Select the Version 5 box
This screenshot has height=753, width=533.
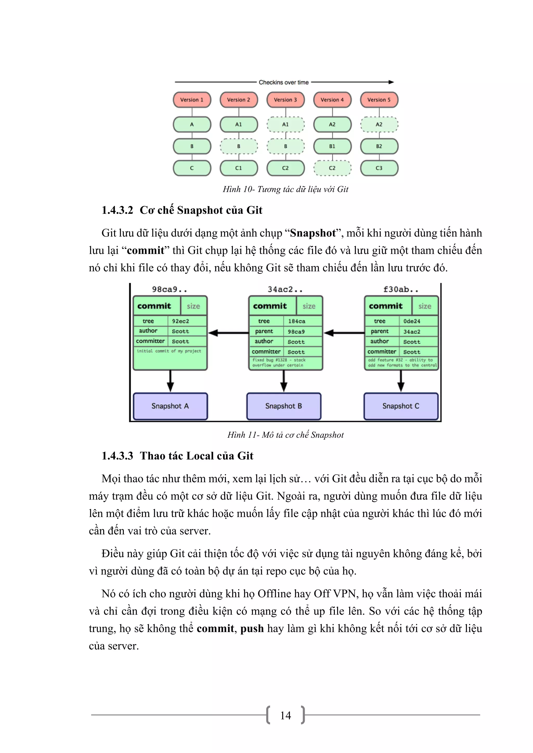coord(379,100)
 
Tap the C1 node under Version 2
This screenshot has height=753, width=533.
coord(238,168)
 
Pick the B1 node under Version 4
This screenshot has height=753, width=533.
coord(332,146)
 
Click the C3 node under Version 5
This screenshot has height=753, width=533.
coord(379,168)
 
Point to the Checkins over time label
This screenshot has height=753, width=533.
coord(283,82)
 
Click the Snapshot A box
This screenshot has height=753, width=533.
coord(170,406)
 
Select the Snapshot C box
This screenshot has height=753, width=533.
coord(401,406)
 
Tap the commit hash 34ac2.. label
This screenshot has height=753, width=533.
coord(285,289)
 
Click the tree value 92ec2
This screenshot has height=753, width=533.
coord(180,321)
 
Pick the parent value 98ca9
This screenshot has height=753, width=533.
coord(296,332)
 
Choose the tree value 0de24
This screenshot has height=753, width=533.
coord(411,321)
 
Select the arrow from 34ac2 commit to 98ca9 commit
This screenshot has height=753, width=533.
coord(228,333)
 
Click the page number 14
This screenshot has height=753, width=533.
coord(285,715)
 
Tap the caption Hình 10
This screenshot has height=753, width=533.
coord(285,189)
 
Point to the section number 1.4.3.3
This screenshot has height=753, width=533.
coord(117,456)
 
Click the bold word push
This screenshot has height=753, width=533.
coord(252,628)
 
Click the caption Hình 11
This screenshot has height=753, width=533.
coord(285,435)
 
